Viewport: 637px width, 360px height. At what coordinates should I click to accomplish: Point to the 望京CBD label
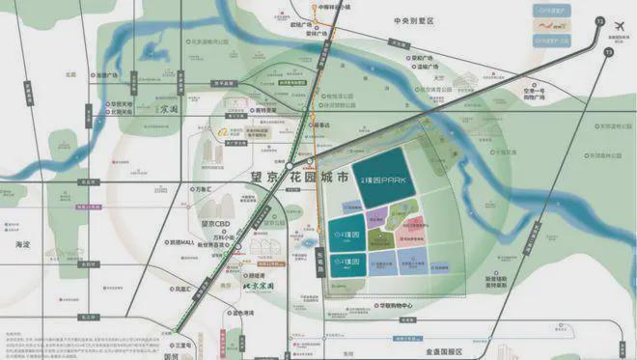click(212, 224)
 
